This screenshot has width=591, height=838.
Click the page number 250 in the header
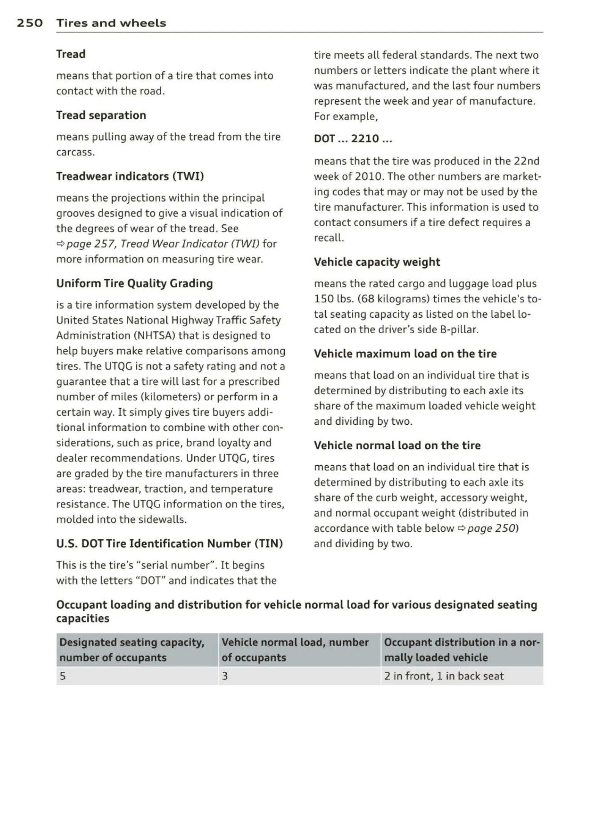(30, 23)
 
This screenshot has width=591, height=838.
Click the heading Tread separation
(101, 115)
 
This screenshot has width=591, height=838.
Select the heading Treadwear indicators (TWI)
(130, 176)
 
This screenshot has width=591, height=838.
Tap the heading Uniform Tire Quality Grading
(134, 284)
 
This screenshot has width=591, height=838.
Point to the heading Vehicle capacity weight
(377, 262)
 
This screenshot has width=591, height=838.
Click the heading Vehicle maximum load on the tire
(405, 354)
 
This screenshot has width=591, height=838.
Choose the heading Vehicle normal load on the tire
(397, 446)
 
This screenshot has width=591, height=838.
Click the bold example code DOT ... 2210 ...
(353, 139)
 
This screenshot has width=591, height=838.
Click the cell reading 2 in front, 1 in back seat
(443, 676)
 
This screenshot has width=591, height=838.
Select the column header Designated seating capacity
(132, 650)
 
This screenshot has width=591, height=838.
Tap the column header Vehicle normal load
(295, 650)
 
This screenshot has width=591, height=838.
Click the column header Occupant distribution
(461, 650)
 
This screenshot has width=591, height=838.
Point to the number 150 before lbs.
(323, 299)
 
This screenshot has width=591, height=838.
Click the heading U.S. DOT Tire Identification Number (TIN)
(169, 544)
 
